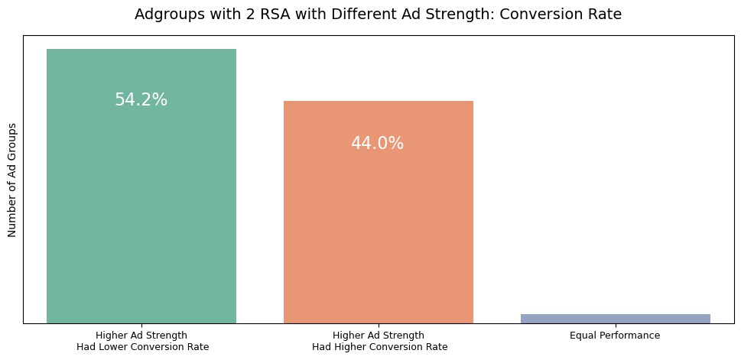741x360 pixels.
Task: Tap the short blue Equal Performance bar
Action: click(x=615, y=318)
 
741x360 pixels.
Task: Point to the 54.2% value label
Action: click(x=141, y=100)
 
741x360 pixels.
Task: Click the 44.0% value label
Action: click(x=378, y=144)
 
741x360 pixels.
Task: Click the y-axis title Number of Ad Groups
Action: click(x=11, y=180)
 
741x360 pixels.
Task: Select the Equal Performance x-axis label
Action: click(x=615, y=336)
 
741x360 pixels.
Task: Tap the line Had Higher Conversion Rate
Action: click(x=380, y=347)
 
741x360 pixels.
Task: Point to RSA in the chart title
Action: click(x=254, y=14)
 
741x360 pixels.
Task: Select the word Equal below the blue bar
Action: click(x=583, y=336)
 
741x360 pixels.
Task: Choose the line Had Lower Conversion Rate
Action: click(x=142, y=347)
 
